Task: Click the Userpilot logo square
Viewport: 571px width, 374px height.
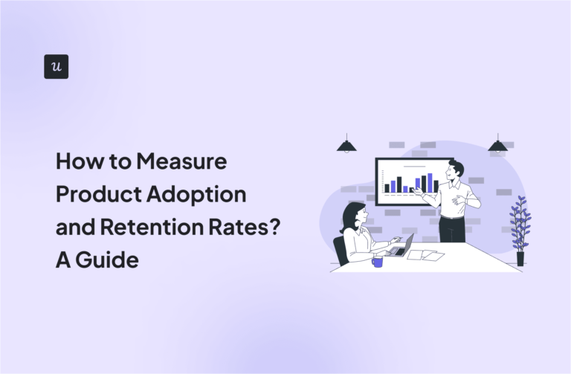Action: tap(56, 66)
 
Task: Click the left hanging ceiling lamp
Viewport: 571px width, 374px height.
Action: tap(346, 145)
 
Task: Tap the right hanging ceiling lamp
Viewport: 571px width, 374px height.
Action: tap(498, 145)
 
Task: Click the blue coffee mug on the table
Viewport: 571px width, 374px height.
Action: tap(377, 261)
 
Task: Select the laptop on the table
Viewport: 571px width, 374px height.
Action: tap(401, 246)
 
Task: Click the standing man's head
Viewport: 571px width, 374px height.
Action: tap(455, 170)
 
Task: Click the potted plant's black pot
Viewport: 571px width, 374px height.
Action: tap(520, 258)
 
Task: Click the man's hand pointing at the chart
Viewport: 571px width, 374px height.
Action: tap(417, 192)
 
